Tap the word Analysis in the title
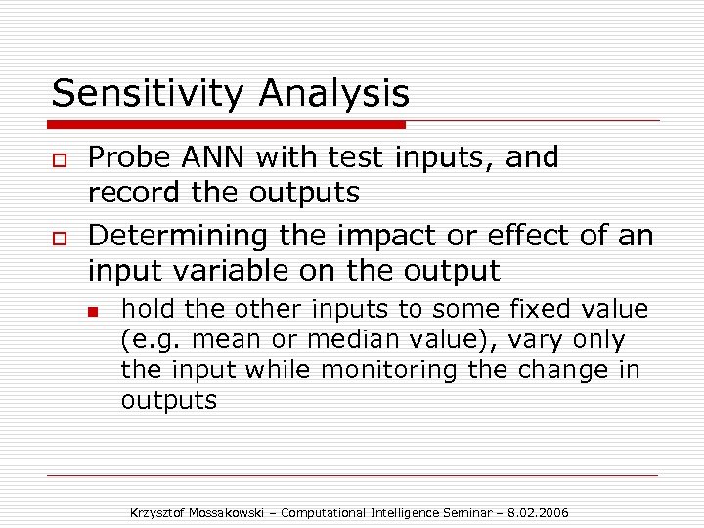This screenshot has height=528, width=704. coord(333,94)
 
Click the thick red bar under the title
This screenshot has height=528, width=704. coord(228,124)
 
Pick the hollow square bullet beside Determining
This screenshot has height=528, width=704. coord(59,238)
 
